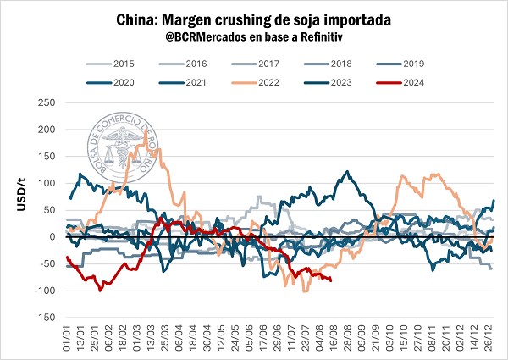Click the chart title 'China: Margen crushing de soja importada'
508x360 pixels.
[x=254, y=19]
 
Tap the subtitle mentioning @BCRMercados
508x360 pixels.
[x=254, y=37]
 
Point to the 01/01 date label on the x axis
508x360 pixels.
[x=67, y=343]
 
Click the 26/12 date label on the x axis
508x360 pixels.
[x=491, y=343]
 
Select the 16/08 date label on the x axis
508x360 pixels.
[x=331, y=343]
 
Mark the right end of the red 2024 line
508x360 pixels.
[x=330, y=280]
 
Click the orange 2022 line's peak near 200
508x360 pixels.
[x=148, y=131]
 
